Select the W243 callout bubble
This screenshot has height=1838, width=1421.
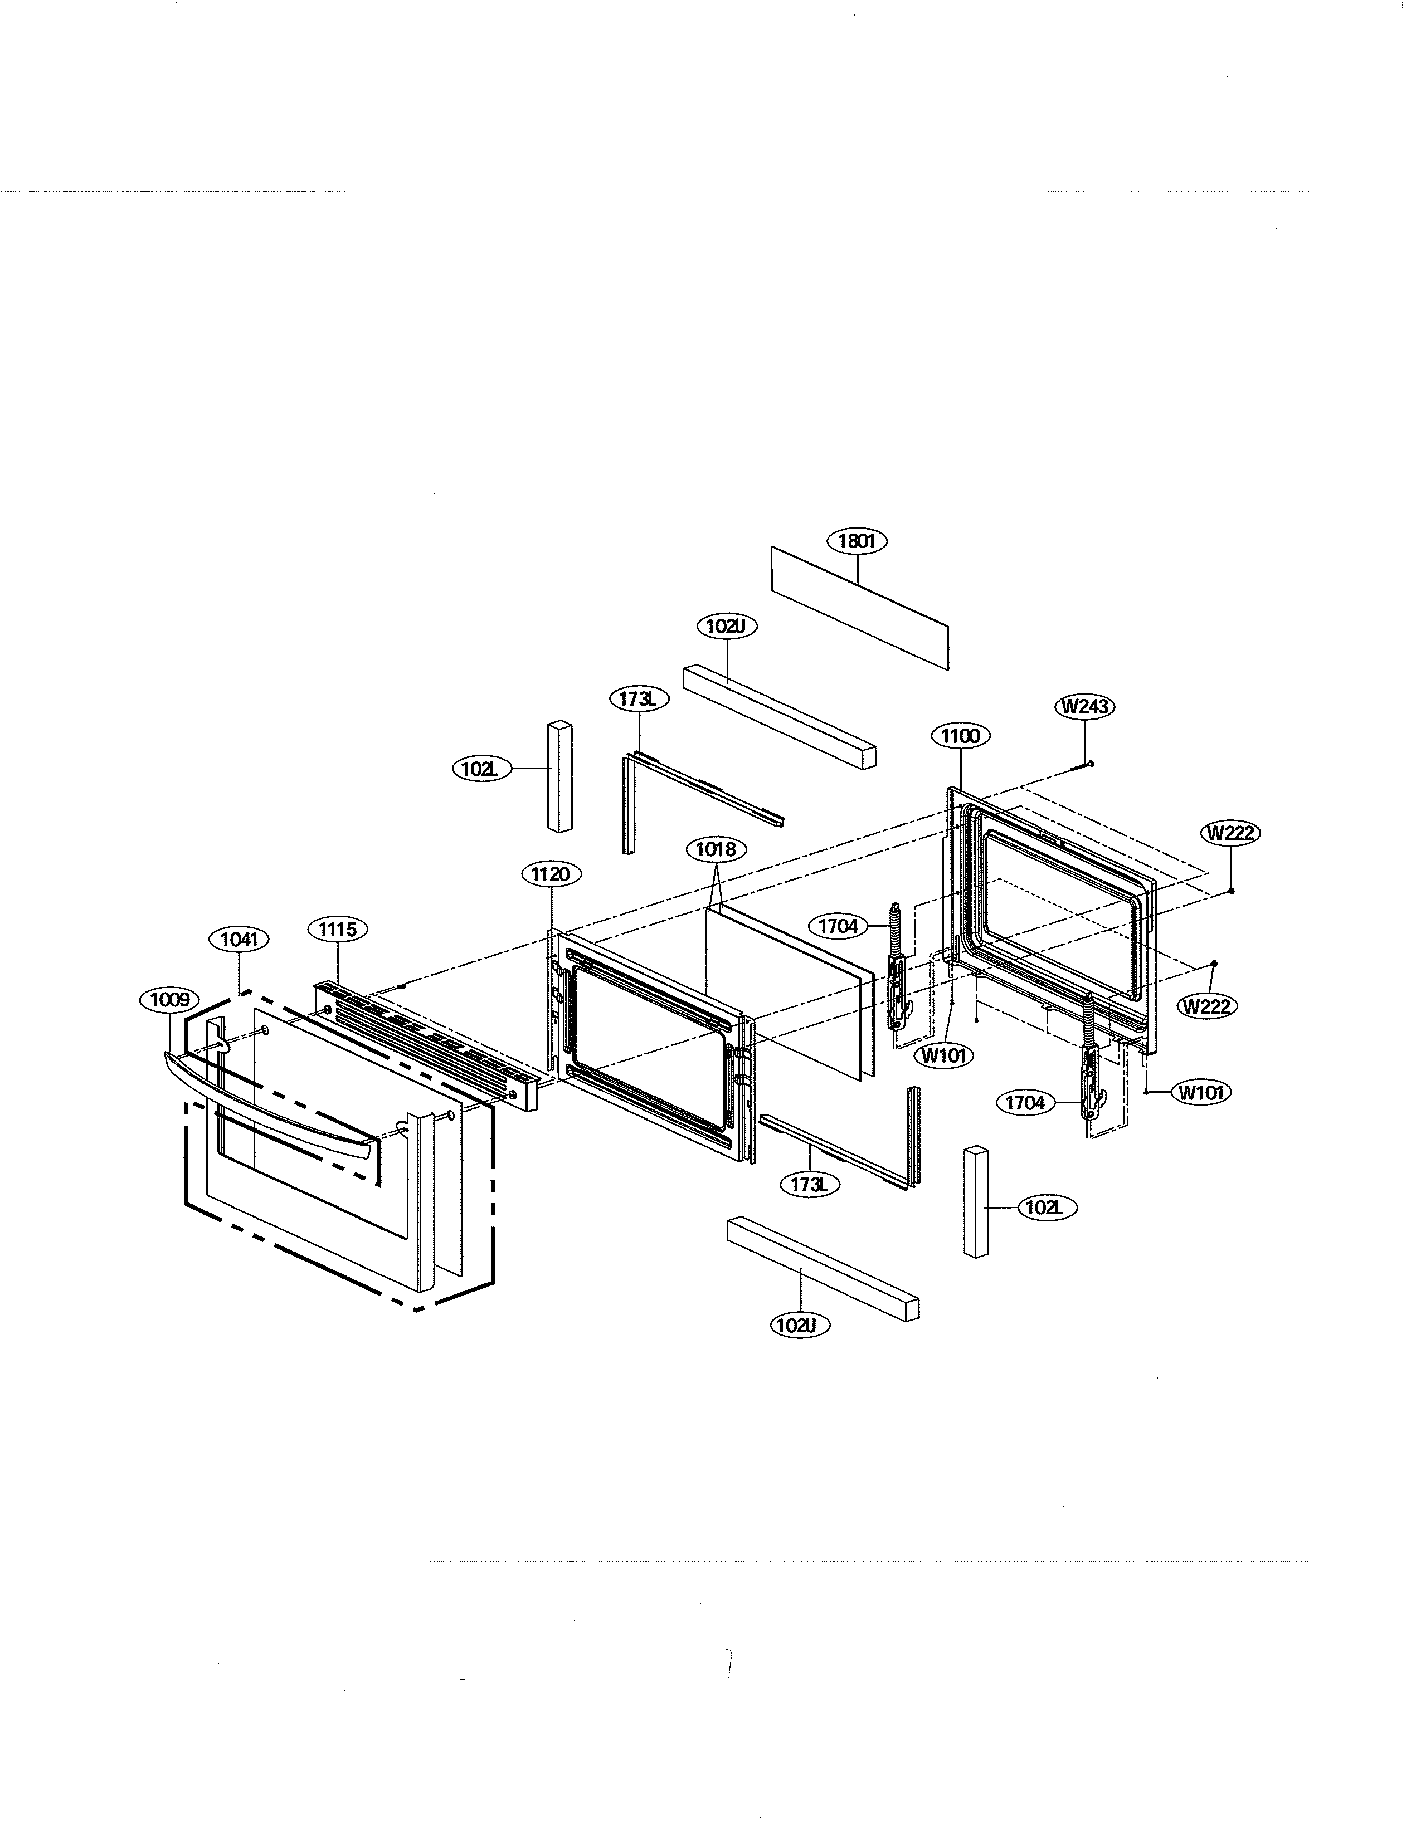coord(1085,706)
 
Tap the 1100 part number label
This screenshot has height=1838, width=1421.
coord(961,736)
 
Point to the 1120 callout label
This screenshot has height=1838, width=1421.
coord(551,874)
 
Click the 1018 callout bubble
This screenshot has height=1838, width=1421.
coord(716,849)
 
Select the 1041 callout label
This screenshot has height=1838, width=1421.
coord(239,939)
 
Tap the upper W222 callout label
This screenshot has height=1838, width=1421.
coord(1232,833)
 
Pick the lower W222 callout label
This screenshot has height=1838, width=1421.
coord(1207,1006)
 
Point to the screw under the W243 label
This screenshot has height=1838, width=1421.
coord(1085,764)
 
